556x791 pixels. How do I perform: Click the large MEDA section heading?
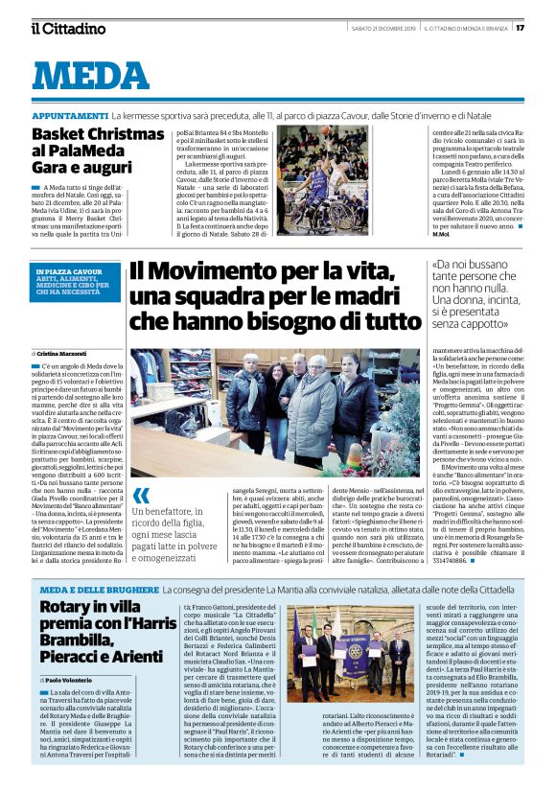tap(97, 76)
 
